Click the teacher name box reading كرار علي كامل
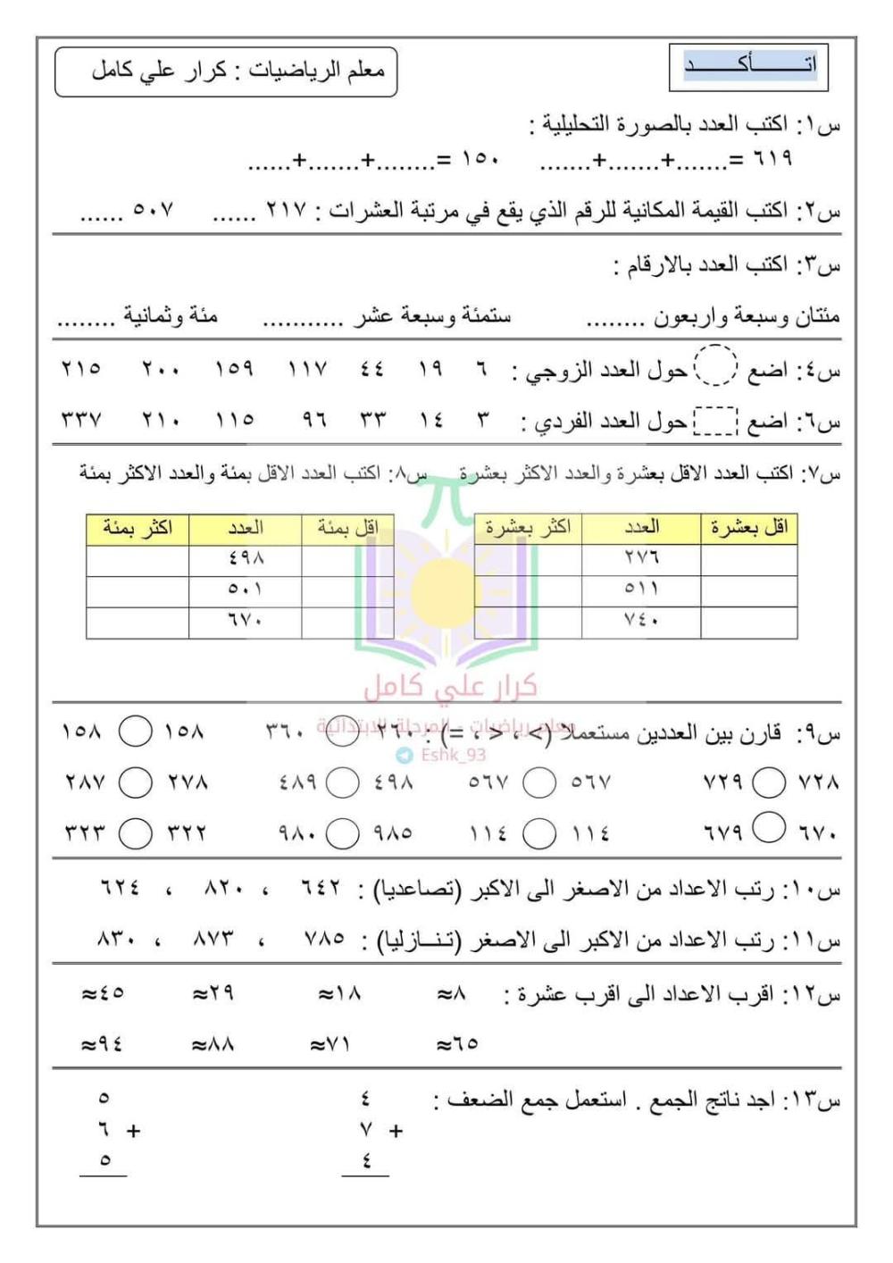[226, 71]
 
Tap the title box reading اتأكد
[748, 66]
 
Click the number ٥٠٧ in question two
[153, 211]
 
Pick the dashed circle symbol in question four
[715, 366]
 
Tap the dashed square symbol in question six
[715, 420]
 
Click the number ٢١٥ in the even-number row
[81, 368]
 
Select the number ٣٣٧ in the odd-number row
[81, 419]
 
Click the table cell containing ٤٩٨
[246, 559]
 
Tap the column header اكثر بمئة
[138, 529]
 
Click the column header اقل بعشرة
[748, 529]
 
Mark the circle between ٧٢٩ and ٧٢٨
[769, 782]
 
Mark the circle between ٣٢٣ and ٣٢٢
[136, 833]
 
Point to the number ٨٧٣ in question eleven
[213, 939]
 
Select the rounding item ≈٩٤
[102, 1043]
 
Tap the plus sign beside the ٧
[396, 1131]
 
